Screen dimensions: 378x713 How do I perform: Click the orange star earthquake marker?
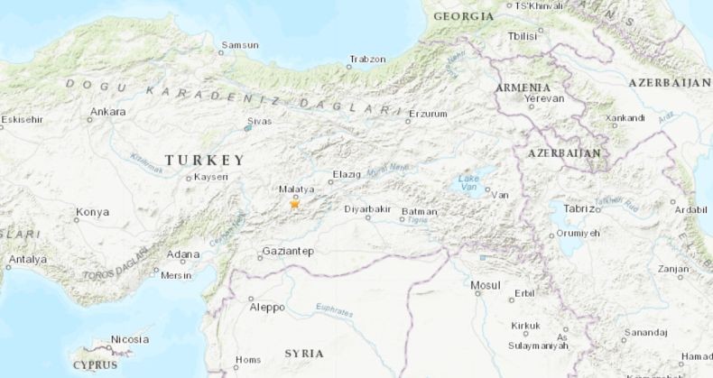pyautogui.click(x=294, y=205)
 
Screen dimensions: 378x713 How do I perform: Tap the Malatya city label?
pyautogui.click(x=296, y=189)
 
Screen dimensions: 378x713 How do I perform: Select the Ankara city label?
pyautogui.click(x=107, y=113)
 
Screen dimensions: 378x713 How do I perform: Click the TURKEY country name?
pyautogui.click(x=204, y=160)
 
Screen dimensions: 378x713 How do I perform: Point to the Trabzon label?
pyautogui.click(x=367, y=60)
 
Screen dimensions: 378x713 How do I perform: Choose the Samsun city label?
pyautogui.click(x=240, y=45)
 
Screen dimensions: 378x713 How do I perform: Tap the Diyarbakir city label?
pyautogui.click(x=367, y=209)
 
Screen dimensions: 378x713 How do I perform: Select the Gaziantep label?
pyautogui.click(x=287, y=251)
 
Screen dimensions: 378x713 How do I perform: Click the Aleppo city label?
pyautogui.click(x=266, y=307)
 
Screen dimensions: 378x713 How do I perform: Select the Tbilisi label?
pyautogui.click(x=523, y=36)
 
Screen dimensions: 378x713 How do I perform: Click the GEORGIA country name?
pyautogui.click(x=463, y=16)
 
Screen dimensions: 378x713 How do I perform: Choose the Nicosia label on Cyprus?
pyautogui.click(x=130, y=339)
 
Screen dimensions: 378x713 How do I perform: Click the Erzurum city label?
pyautogui.click(x=428, y=115)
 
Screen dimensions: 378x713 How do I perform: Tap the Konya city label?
pyautogui.click(x=92, y=212)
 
